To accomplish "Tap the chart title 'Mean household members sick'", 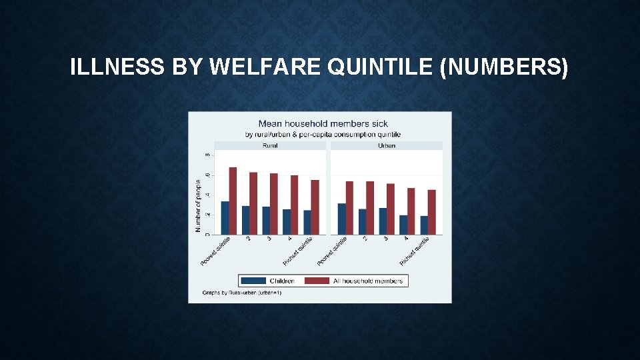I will coord(323,123).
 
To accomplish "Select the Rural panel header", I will coord(270,145).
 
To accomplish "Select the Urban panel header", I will coord(386,145).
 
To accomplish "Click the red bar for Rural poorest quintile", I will coord(233,201).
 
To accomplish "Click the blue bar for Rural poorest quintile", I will coord(225,218).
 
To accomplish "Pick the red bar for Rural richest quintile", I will coord(315,207).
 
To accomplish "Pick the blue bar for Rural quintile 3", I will coord(266,221).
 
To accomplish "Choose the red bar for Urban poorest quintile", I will coord(349,208).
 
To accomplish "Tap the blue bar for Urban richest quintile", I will coord(424,225).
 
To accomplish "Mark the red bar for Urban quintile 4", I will coord(411,211).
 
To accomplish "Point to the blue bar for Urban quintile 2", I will coord(362,222).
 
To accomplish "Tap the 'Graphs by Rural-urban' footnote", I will coord(242,293).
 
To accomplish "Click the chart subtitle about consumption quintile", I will coord(323,134).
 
